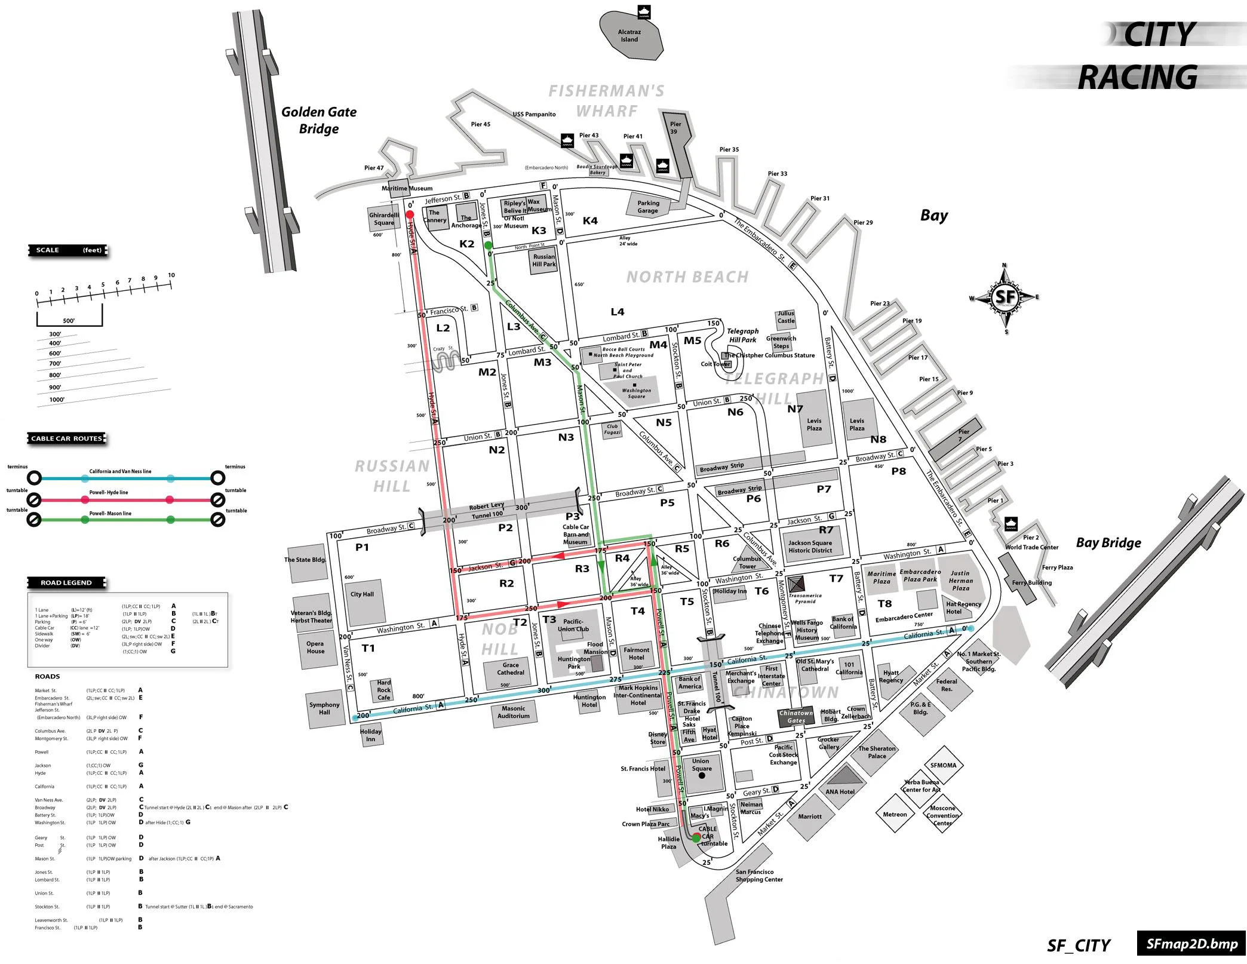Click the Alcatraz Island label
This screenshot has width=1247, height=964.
(629, 36)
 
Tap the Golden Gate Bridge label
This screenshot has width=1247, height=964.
(319, 120)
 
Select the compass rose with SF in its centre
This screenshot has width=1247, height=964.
(1005, 297)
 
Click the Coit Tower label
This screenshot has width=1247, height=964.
(715, 364)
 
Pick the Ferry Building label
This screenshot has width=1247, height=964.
(1032, 582)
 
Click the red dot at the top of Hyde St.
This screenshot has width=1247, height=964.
(410, 214)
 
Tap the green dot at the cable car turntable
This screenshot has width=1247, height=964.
(696, 838)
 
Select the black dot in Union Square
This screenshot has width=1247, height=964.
(702, 776)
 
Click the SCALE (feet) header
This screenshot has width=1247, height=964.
(69, 250)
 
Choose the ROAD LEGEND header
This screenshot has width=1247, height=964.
(66, 582)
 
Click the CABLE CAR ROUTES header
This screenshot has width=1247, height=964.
(66, 438)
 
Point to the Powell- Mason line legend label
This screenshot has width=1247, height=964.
(110, 513)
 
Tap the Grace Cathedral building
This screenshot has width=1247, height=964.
(511, 669)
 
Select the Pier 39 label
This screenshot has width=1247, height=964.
(675, 128)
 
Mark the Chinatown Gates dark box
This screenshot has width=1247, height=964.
(796, 717)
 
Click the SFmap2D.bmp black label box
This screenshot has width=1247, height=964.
(1191, 944)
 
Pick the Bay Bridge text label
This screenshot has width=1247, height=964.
(1108, 543)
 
